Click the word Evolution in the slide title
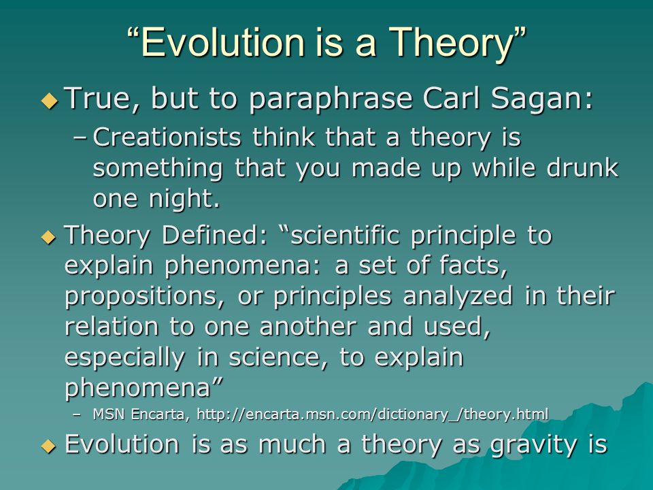coord(222,42)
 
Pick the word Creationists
coord(167,137)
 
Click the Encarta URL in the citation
coord(372,414)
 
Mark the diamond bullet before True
coord(50,101)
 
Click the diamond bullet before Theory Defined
coord(48,238)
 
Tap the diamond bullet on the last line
coord(48,446)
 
